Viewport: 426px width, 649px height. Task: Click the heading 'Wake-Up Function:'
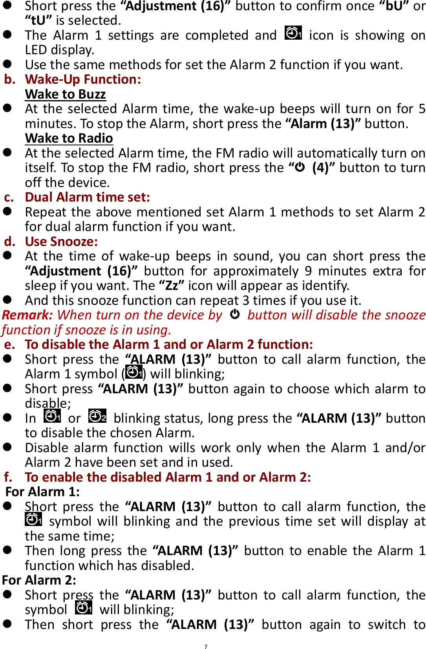click(83, 79)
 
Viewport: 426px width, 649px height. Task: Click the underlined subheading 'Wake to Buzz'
click(65, 94)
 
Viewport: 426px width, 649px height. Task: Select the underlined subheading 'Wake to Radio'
click(69, 138)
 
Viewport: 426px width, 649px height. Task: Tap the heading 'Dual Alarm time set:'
click(87, 197)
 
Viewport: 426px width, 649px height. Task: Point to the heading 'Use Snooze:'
click(61, 242)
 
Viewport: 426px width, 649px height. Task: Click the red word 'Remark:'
click(27, 315)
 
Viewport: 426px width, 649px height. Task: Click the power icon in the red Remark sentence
click(235, 314)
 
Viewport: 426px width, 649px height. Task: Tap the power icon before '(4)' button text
click(300, 167)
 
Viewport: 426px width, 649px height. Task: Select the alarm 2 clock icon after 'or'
click(97, 416)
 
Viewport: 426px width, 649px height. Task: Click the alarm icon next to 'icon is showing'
click(293, 33)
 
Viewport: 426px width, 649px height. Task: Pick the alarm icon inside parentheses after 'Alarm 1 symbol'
click(134, 372)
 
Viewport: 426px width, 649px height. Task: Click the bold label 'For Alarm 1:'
click(42, 492)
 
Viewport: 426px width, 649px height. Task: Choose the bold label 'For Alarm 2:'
click(39, 580)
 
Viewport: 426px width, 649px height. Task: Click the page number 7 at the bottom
click(205, 646)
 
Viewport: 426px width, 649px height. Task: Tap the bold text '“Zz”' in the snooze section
click(172, 286)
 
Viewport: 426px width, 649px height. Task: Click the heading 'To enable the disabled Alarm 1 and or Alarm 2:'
click(168, 477)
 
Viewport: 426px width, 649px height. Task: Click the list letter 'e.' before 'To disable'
click(10, 345)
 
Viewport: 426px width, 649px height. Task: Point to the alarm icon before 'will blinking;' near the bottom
click(84, 608)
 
